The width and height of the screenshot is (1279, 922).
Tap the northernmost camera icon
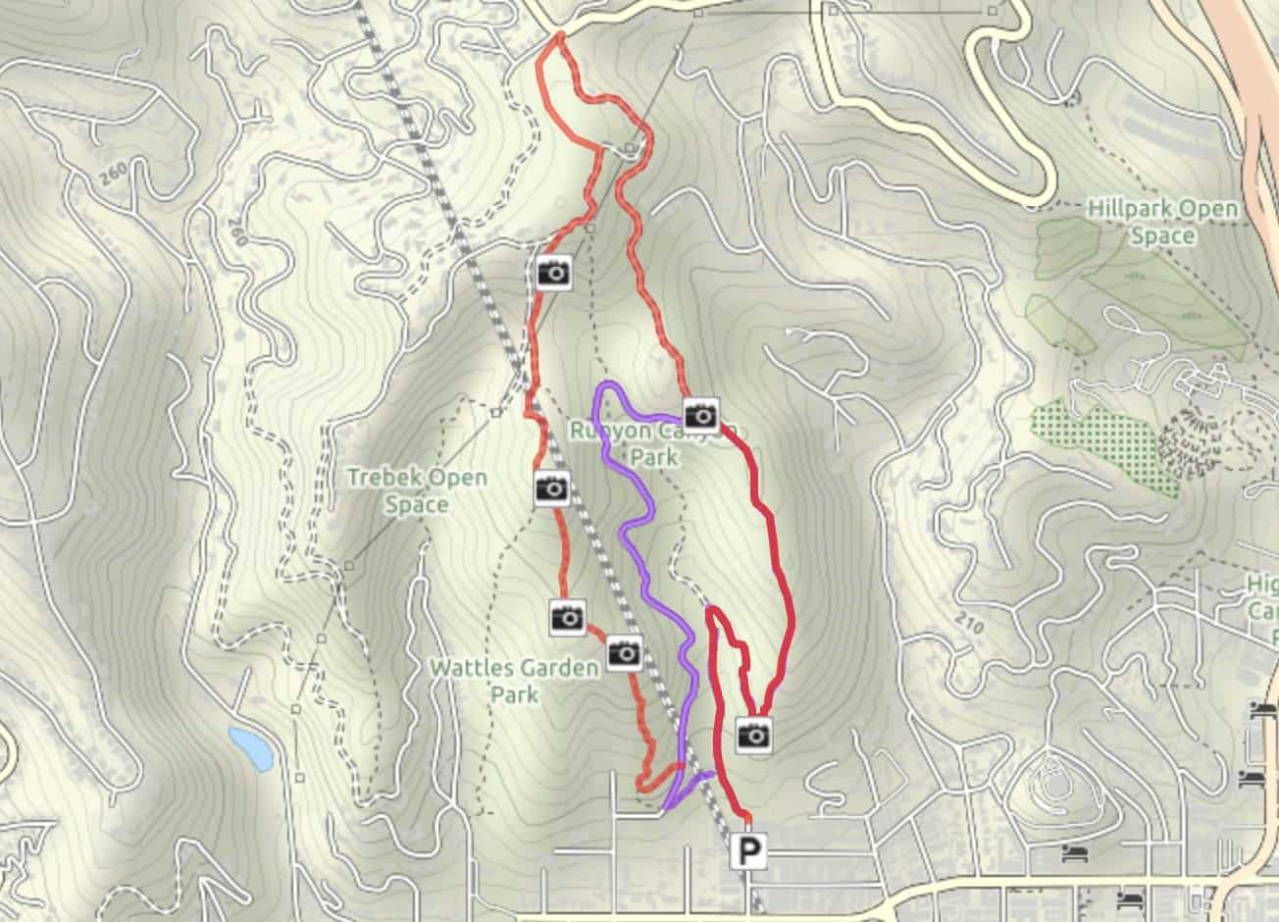[554, 272]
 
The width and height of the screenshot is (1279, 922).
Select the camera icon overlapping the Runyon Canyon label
[700, 415]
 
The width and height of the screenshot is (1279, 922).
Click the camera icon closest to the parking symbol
[753, 733]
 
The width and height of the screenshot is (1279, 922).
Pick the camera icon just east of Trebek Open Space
[552, 487]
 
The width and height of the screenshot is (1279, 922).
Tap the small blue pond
[251, 747]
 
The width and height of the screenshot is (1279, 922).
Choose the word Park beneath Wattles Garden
[515, 694]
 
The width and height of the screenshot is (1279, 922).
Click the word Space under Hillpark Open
[1162, 235]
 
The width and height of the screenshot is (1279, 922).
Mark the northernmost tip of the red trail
[559, 36]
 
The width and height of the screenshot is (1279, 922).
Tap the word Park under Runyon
[654, 457]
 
